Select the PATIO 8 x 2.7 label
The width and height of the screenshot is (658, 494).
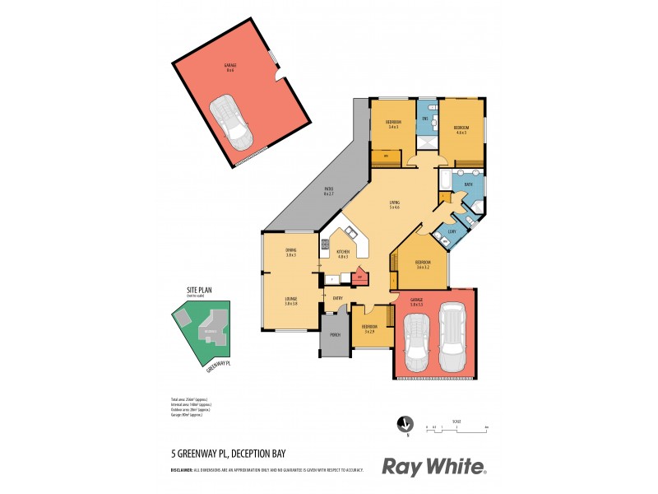click(x=328, y=193)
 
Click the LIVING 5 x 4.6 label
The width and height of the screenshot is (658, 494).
click(x=394, y=206)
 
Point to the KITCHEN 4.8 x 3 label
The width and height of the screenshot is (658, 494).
click(x=342, y=254)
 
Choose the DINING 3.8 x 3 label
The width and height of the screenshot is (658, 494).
click(x=290, y=252)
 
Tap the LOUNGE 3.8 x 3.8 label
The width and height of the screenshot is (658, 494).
click(x=290, y=302)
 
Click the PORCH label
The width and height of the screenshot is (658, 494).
click(x=335, y=335)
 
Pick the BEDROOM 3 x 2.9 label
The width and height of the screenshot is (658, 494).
click(x=368, y=329)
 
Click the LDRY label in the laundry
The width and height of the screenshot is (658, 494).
click(x=452, y=231)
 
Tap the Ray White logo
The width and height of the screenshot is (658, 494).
click(x=433, y=467)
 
